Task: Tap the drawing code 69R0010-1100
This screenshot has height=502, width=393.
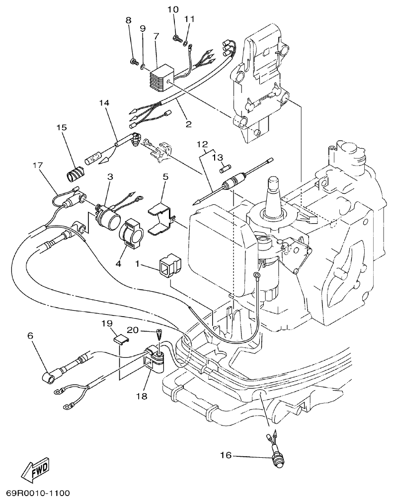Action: [38, 494]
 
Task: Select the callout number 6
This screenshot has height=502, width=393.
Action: [30, 335]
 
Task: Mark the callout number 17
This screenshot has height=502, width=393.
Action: [38, 165]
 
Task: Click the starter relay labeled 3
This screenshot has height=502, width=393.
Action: [107, 215]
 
